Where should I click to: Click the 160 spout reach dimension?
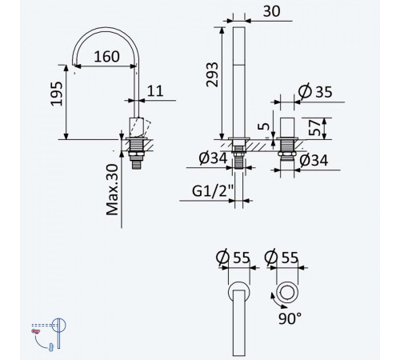pyautogui.click(x=106, y=57)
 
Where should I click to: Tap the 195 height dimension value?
pyautogui.click(x=57, y=94)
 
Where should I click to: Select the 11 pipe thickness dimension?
pyautogui.click(x=155, y=91)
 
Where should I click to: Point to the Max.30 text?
pyautogui.click(x=112, y=190)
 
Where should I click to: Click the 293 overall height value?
pyautogui.click(x=212, y=74)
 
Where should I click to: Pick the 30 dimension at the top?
pyautogui.click(x=271, y=11)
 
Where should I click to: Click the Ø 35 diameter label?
pyautogui.click(x=315, y=91)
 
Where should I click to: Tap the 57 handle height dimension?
pyautogui.click(x=314, y=128)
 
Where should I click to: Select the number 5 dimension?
pyautogui.click(x=264, y=126)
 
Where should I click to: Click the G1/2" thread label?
pyautogui.click(x=213, y=191)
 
